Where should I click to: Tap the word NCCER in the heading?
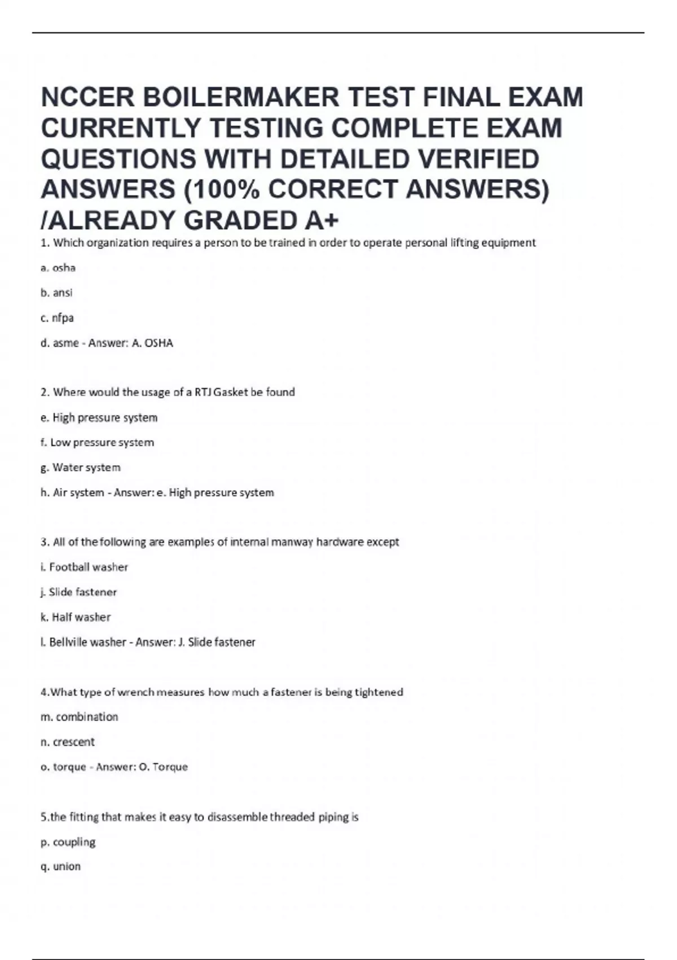(87, 97)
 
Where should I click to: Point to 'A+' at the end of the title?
(322, 220)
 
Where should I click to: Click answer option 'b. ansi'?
(56, 293)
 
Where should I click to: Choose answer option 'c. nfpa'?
(57, 318)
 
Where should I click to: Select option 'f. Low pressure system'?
(97, 442)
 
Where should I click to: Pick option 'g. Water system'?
(81, 467)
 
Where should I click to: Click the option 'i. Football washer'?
(84, 567)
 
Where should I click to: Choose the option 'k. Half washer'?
(76, 617)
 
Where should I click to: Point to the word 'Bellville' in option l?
(68, 642)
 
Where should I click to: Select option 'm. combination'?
(80, 717)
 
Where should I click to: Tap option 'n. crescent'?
(68, 741)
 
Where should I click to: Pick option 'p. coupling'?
(68, 842)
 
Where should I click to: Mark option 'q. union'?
(61, 866)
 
